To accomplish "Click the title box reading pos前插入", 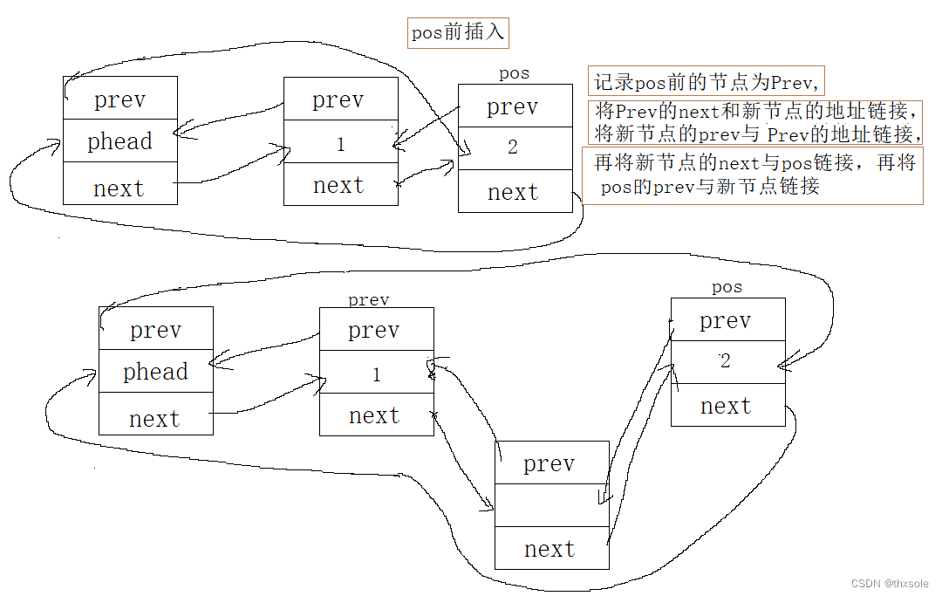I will point(458,34).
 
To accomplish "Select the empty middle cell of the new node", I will point(551,505).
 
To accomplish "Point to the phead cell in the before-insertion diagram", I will point(120,141).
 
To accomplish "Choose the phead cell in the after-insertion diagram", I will point(156,372).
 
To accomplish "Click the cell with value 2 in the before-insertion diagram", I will point(515,147).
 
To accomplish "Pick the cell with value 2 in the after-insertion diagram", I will point(727,361).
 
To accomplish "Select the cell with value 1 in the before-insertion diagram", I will point(341,144).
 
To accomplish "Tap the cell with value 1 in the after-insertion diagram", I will point(377,374).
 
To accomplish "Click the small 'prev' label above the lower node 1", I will point(369,300).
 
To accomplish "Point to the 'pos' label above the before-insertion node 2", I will point(514,74).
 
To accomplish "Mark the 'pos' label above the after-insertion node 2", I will point(727,287).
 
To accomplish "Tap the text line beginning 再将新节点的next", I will point(753,162).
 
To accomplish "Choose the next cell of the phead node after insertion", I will point(156,418).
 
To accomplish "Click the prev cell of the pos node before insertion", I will point(515,106).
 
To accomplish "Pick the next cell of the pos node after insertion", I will point(727,406).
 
